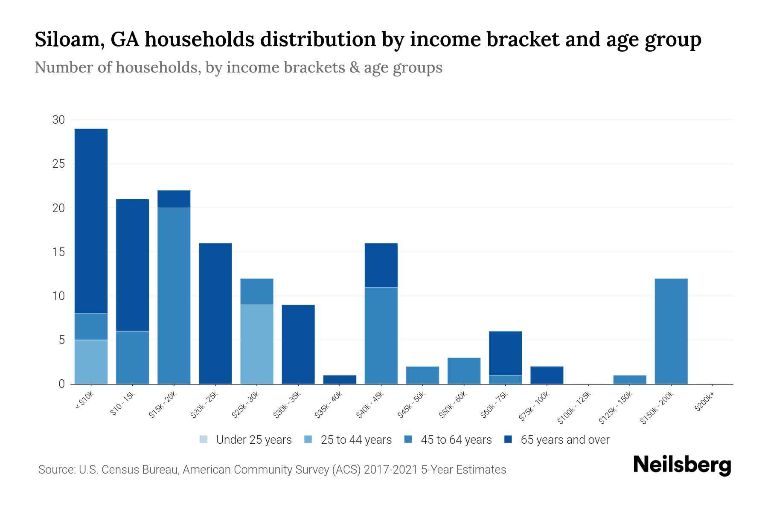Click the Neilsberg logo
pyautogui.click(x=682, y=465)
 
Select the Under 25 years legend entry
pyautogui.click(x=246, y=440)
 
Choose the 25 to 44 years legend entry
pyautogui.click(x=348, y=440)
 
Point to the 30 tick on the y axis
pyautogui.click(x=58, y=120)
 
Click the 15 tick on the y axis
pyautogui.click(x=58, y=252)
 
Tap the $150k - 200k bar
pyautogui.click(x=671, y=331)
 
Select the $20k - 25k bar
pyautogui.click(x=215, y=314)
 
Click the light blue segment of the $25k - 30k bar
pyautogui.click(x=257, y=344)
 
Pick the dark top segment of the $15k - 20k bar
pyautogui.click(x=174, y=199)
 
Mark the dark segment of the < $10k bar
pyautogui.click(x=91, y=221)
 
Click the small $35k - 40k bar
pyautogui.click(x=340, y=380)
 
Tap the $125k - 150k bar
pyautogui.click(x=629, y=380)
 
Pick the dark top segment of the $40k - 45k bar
pyautogui.click(x=381, y=265)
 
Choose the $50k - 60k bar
pyautogui.click(x=464, y=371)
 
